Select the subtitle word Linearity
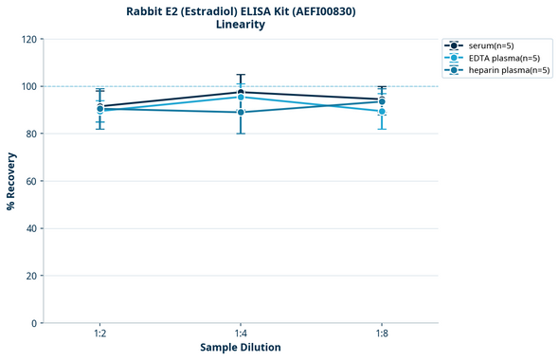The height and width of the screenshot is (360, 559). [x=241, y=25]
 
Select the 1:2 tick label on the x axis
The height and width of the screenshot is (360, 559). [x=99, y=333]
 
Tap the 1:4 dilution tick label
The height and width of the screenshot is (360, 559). [x=241, y=333]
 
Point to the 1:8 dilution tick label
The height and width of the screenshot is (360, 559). [x=382, y=333]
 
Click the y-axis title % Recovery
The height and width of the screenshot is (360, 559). [x=11, y=181]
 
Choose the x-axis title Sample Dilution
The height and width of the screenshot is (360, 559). [x=241, y=348]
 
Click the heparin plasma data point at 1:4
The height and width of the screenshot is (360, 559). [x=241, y=113]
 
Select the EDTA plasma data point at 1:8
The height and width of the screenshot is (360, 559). [x=382, y=112]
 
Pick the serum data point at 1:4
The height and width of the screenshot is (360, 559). [x=241, y=92]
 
